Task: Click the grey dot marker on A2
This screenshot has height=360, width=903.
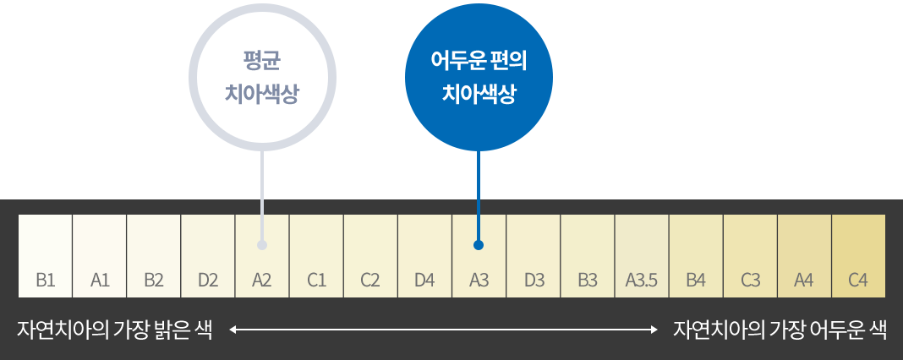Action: (262, 245)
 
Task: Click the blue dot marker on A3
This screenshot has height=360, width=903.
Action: (479, 245)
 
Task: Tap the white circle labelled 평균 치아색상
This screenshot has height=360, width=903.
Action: (262, 77)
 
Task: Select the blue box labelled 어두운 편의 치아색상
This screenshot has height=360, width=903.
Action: (479, 77)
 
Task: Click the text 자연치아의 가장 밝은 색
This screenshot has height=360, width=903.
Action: (114, 330)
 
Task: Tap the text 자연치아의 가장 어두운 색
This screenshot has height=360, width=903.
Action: (780, 330)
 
